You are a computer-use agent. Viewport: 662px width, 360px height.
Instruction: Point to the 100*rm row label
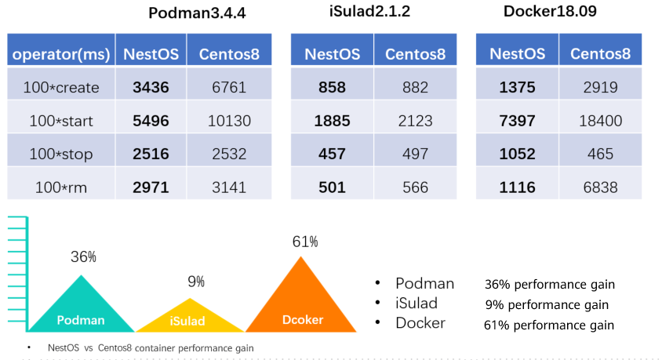click(x=61, y=187)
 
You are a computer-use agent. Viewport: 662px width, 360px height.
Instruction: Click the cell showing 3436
click(x=151, y=88)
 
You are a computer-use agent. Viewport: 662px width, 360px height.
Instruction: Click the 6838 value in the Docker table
click(x=600, y=187)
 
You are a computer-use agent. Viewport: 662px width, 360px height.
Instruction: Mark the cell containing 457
click(x=332, y=155)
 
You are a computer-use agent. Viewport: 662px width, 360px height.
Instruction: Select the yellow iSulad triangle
click(x=188, y=317)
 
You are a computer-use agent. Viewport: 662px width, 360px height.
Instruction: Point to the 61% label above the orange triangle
click(x=305, y=242)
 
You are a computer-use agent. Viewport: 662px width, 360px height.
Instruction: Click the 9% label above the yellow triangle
click(x=196, y=282)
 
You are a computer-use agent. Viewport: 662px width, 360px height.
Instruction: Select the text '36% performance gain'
click(x=549, y=284)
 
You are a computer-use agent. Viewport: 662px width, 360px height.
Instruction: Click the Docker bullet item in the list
click(x=420, y=323)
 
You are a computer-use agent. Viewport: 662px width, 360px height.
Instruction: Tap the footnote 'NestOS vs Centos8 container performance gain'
click(x=151, y=347)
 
